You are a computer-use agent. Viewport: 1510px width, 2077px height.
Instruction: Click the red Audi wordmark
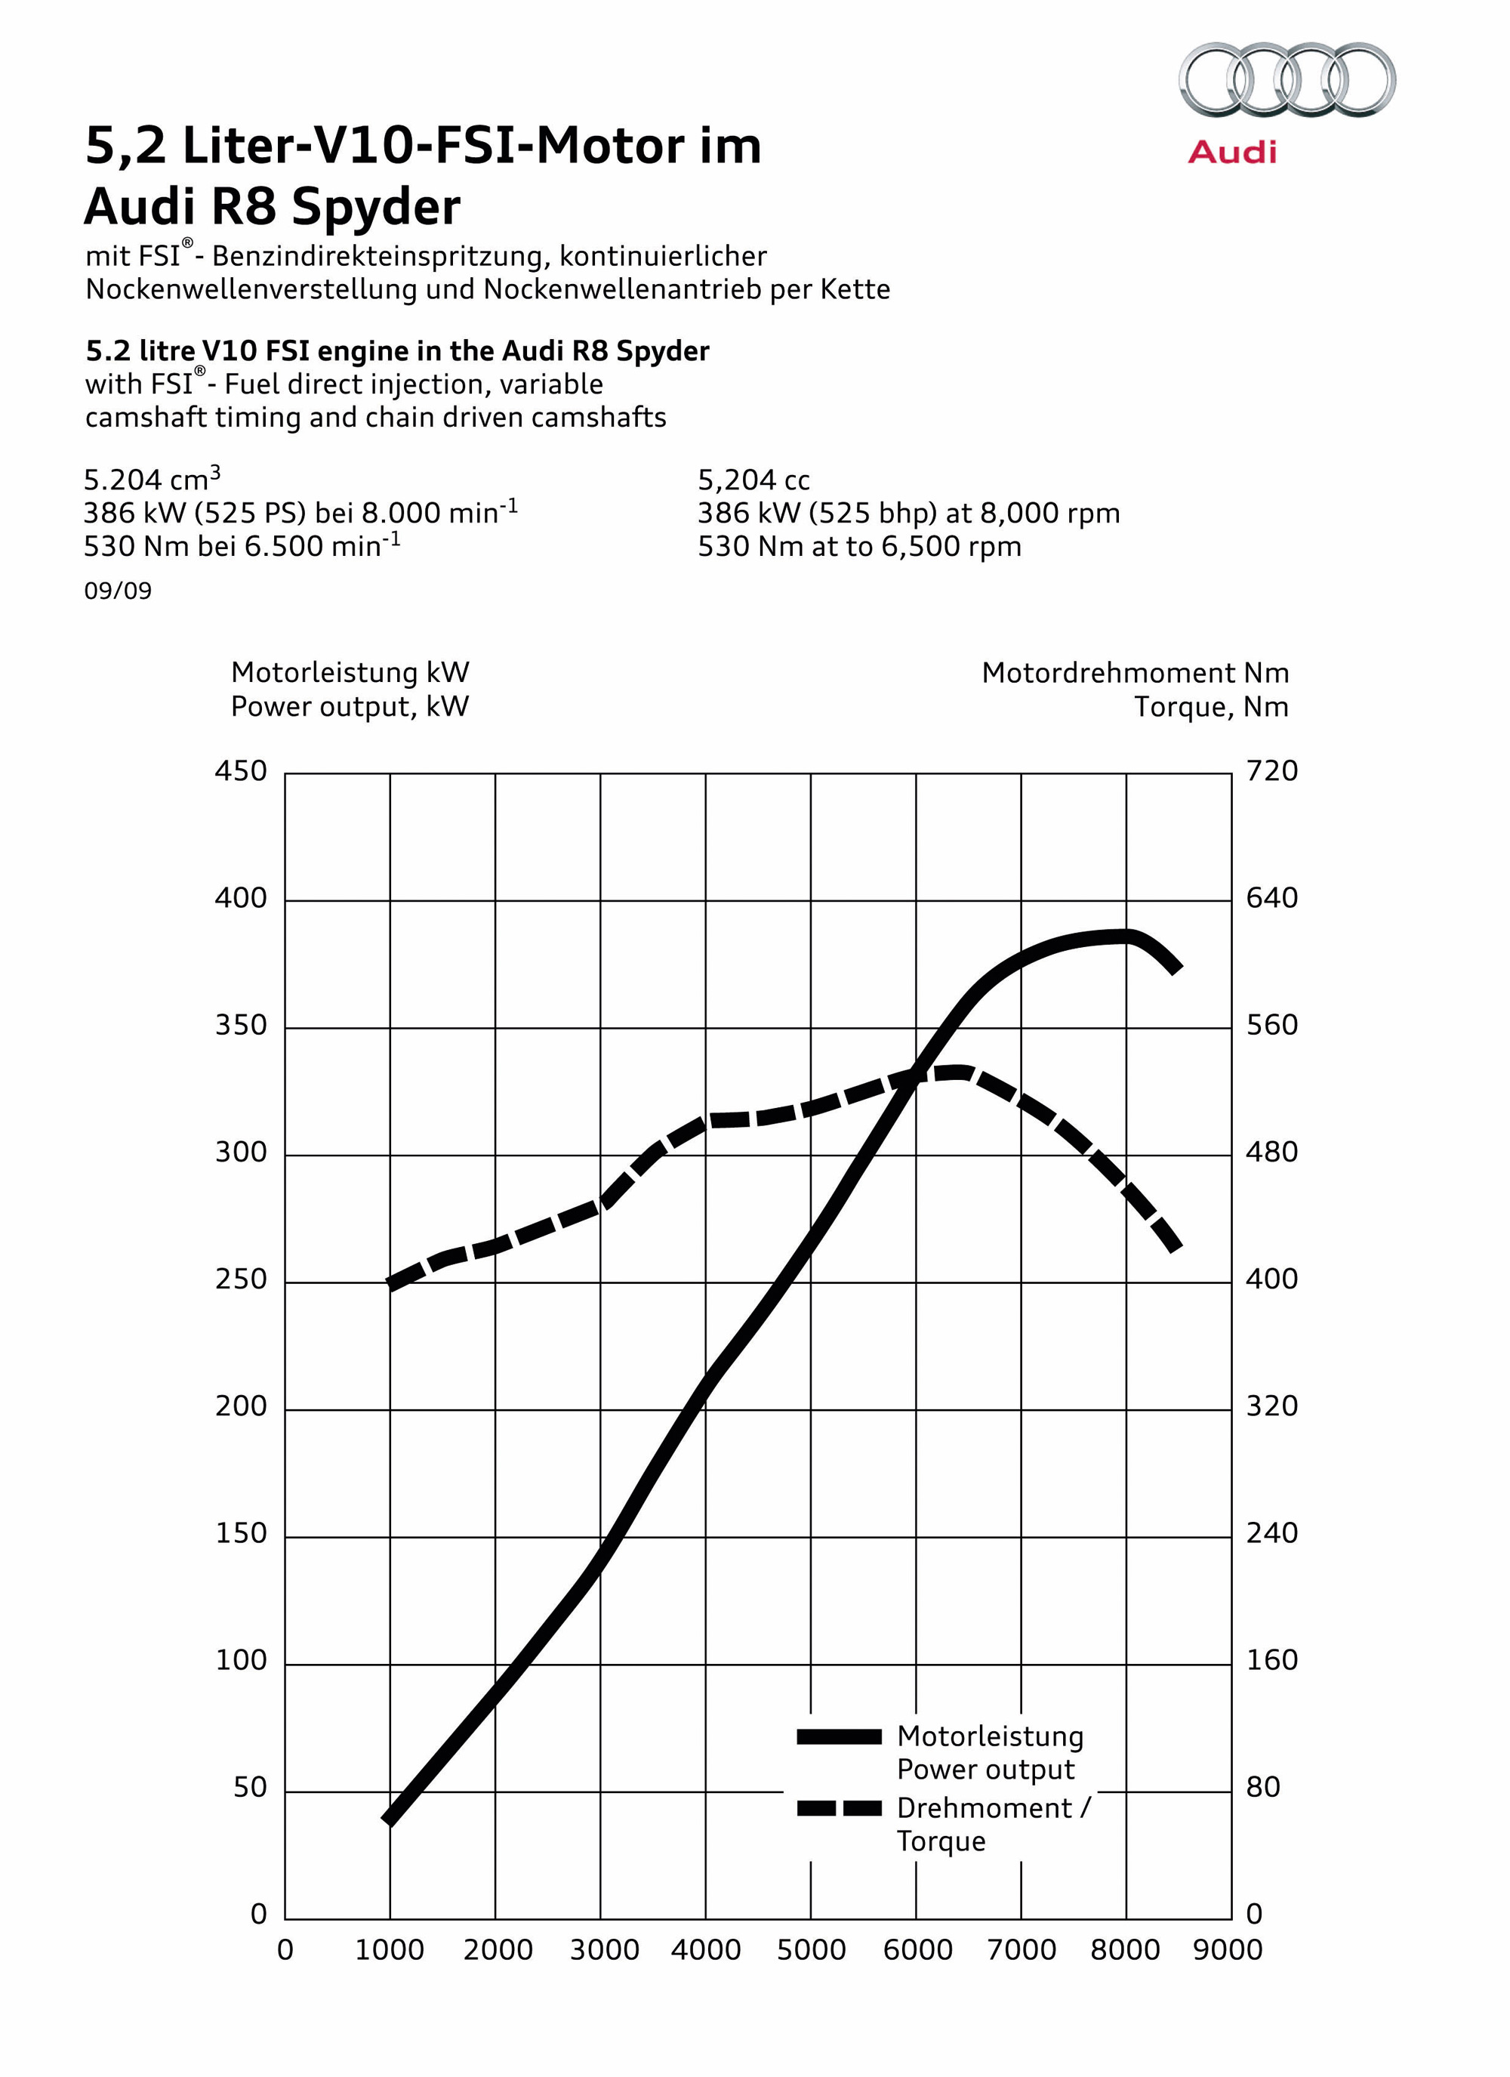[x=1231, y=152]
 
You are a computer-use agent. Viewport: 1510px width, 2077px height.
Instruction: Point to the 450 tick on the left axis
[x=241, y=771]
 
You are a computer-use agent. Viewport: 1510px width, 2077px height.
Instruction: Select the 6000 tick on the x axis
[x=917, y=1949]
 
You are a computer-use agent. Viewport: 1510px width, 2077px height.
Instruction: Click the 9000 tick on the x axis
[x=1228, y=1949]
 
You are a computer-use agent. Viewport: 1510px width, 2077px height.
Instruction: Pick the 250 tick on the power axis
[x=241, y=1279]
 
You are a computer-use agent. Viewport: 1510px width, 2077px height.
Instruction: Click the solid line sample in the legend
[x=839, y=1736]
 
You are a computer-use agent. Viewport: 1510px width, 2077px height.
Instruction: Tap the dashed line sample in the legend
[x=839, y=1808]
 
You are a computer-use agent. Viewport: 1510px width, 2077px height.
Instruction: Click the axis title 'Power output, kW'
[x=350, y=706]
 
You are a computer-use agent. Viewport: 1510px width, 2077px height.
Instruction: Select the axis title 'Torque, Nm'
[x=1210, y=707]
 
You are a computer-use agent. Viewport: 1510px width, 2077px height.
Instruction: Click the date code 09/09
[x=118, y=591]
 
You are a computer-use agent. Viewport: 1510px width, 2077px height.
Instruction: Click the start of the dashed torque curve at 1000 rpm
[x=392, y=1284]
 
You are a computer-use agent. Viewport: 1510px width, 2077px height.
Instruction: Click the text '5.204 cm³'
[x=152, y=479]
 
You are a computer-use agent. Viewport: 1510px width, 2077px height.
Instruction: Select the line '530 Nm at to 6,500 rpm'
[x=859, y=547]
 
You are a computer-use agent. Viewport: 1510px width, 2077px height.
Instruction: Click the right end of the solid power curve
[x=1179, y=968]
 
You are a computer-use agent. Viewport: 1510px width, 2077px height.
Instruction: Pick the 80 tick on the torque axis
[x=1263, y=1787]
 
